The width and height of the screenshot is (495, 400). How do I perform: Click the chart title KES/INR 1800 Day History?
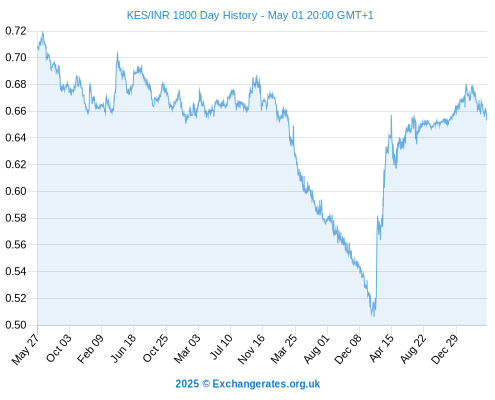192,15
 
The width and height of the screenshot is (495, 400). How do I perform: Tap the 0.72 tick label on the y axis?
16,31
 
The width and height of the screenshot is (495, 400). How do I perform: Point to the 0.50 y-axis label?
16,325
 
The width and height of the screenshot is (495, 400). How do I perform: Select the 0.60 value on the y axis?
16,191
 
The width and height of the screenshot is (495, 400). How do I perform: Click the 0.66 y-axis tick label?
16,111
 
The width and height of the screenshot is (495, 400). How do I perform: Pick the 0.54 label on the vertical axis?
16,271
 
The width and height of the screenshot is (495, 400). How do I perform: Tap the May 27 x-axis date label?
25,349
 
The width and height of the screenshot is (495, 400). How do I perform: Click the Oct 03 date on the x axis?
59,348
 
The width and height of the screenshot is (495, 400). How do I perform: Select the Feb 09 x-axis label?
90,349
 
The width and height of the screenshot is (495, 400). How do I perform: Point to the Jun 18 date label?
123,348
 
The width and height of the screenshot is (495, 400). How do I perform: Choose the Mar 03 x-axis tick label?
187,349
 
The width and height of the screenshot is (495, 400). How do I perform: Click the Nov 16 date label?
251,349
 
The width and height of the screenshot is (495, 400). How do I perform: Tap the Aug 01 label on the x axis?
317,349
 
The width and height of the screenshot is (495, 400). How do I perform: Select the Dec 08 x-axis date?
348,349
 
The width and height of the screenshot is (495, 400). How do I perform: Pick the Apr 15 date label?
381,348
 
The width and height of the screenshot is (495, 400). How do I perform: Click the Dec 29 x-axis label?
445,349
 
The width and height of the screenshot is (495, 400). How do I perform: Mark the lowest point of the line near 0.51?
373,316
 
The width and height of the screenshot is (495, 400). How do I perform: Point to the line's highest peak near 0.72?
43,32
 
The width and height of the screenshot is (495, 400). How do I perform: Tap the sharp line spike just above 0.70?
117,52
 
